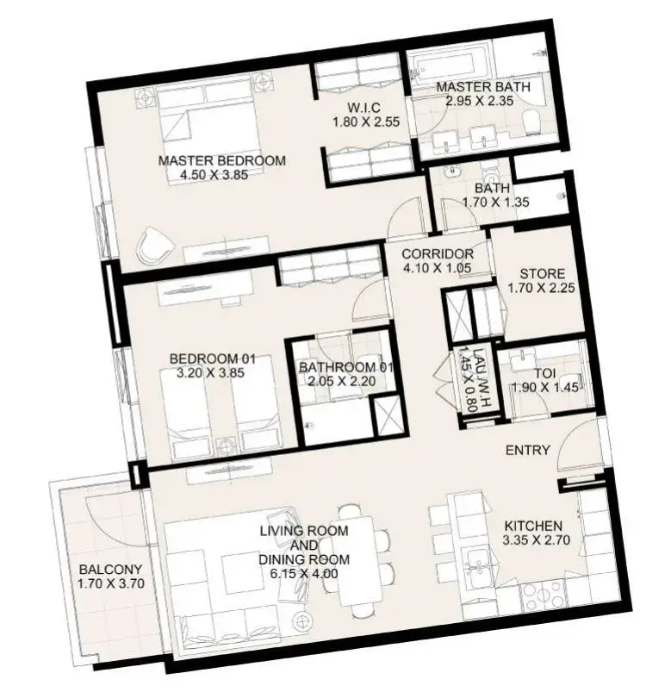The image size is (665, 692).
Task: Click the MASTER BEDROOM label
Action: pos(222,160)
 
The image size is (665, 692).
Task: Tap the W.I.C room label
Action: pos(364,107)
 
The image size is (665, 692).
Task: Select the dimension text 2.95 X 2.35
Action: pos(479,101)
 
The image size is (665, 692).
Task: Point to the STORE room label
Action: pos(543,274)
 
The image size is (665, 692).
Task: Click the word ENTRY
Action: pos(528,450)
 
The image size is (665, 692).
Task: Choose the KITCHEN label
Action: pos(533,526)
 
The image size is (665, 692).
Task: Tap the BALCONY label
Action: pos(111,570)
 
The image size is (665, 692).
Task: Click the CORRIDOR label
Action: pos(438,253)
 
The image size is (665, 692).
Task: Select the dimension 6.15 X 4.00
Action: pos(304,574)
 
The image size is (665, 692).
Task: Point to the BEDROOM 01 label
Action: pos(212,358)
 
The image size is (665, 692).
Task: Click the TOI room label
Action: pos(545,373)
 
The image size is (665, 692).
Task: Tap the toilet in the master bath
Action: pos(531,122)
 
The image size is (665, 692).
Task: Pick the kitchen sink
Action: pos(475,567)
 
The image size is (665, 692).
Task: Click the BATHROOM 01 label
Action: pos(345,367)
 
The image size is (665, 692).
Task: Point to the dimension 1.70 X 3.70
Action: pos(111,583)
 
